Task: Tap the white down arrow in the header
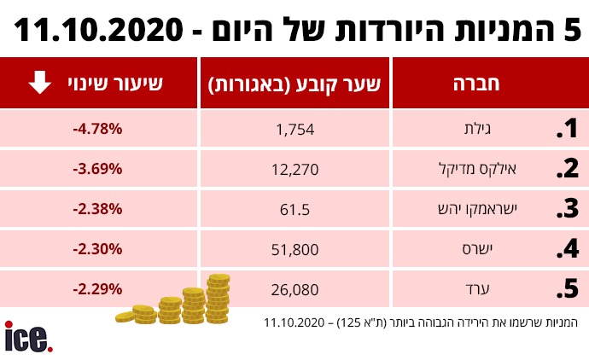click(39, 84)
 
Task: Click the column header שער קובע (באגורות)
click(295, 84)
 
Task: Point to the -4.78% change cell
click(98, 129)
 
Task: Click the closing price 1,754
click(296, 130)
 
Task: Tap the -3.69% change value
click(98, 169)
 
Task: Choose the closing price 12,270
click(295, 170)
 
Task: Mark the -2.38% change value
click(98, 209)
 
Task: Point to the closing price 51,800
click(295, 250)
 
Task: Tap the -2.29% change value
click(98, 289)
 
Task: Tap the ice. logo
click(29, 336)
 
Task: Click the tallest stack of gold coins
click(218, 299)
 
